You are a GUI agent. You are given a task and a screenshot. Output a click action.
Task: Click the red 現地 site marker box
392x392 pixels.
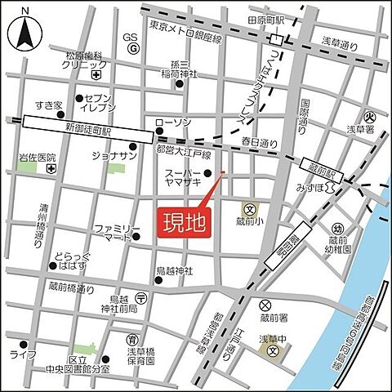click(x=180, y=221)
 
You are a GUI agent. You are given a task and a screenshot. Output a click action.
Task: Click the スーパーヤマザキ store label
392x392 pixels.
click(x=183, y=180)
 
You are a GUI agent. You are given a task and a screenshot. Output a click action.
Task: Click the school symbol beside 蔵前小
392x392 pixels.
click(x=247, y=210)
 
